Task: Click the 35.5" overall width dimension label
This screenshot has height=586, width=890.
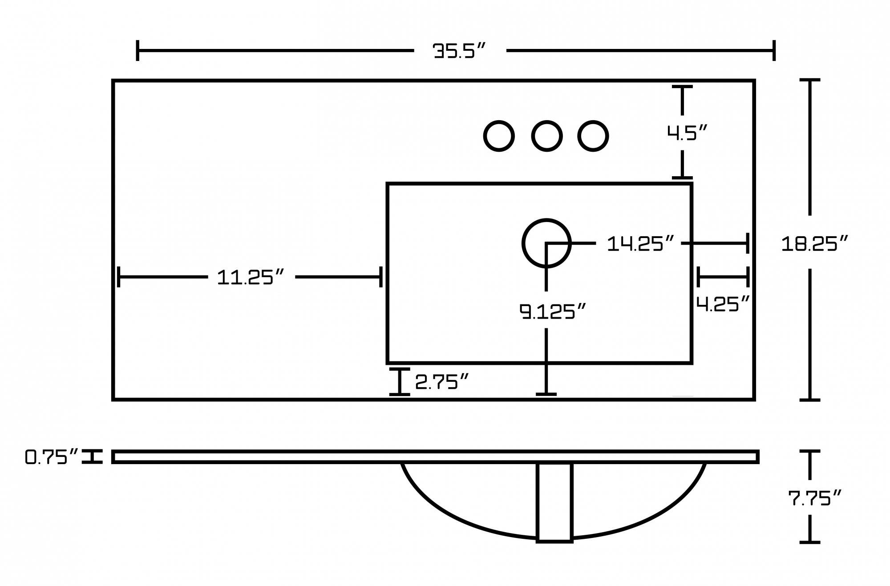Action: (x=459, y=51)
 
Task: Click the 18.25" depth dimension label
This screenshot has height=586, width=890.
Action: (x=814, y=243)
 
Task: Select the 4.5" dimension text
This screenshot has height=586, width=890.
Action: (x=687, y=133)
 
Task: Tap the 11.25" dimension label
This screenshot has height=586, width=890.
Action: (x=250, y=277)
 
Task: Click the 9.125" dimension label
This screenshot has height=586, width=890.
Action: (x=552, y=311)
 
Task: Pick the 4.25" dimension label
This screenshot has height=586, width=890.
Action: (x=723, y=304)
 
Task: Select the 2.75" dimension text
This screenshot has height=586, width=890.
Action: (x=441, y=382)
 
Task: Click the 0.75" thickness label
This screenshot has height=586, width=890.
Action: (x=51, y=457)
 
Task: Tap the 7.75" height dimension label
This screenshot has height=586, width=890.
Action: (x=814, y=498)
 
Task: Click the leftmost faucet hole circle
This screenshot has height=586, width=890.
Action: (x=499, y=136)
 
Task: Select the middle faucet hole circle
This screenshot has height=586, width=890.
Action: (x=547, y=136)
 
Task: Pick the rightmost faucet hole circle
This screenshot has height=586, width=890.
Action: (x=593, y=136)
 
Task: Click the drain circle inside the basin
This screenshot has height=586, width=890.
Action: (x=546, y=243)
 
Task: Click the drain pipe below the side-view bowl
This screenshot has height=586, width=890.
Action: (x=554, y=503)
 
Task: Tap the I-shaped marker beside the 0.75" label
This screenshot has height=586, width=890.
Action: (x=93, y=457)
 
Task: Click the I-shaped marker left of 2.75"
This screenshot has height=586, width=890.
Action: (x=400, y=382)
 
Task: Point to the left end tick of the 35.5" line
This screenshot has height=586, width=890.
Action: (x=138, y=50)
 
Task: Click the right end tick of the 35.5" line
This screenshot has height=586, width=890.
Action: (x=774, y=50)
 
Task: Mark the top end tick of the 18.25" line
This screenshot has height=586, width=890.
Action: (x=809, y=80)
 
